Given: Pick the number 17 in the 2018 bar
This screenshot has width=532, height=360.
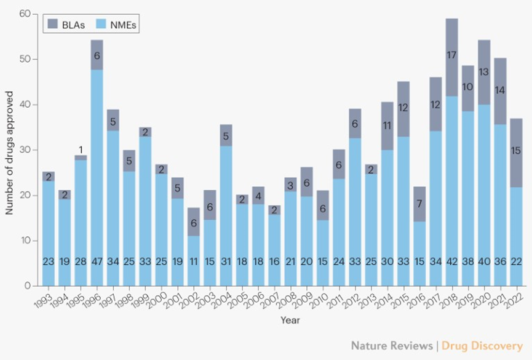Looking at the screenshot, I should (x=451, y=55).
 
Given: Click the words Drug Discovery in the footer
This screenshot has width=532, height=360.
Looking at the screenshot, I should (x=483, y=345).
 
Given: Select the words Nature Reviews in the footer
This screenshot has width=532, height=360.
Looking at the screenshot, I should (x=391, y=345).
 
